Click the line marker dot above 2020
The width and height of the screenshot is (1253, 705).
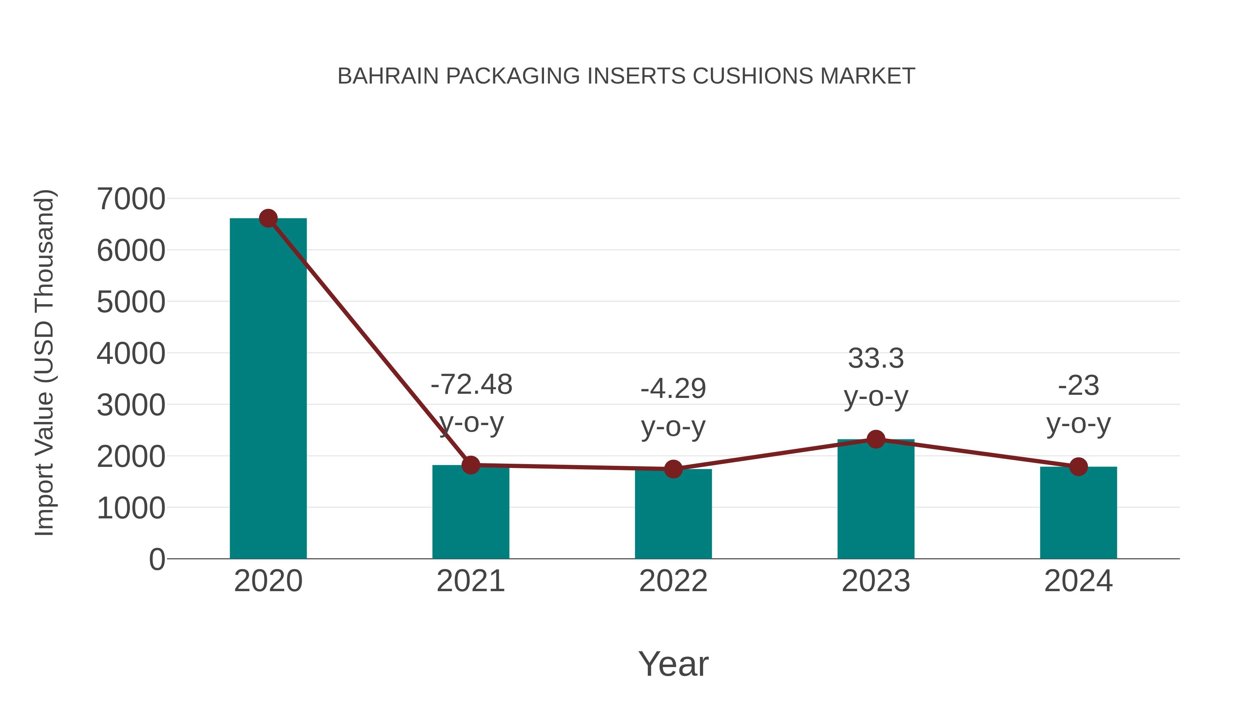tap(268, 218)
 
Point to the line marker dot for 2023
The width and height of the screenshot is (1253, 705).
tap(876, 439)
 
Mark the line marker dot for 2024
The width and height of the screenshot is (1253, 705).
tap(1078, 467)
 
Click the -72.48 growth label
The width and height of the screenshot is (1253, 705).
tap(471, 384)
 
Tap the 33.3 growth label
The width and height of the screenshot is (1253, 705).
tap(876, 359)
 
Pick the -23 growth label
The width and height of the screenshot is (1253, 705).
tap(1078, 385)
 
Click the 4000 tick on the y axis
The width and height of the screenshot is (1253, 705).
tap(131, 353)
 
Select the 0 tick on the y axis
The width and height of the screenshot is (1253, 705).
tap(157, 559)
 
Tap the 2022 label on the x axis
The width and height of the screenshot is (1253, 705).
tap(673, 581)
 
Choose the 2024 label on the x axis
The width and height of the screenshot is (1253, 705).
tap(1078, 581)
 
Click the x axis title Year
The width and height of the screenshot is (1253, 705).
tap(673, 664)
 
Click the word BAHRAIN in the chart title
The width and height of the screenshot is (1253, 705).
tap(388, 76)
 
